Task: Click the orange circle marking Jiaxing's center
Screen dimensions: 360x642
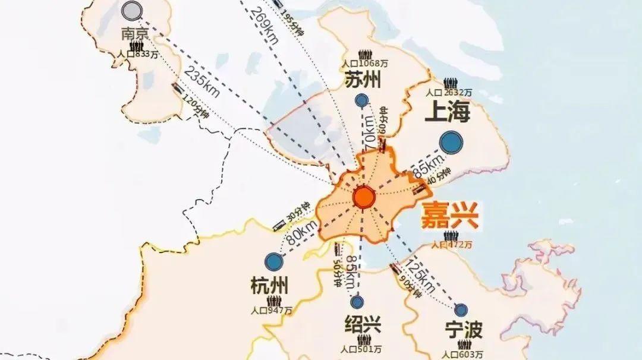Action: (x=363, y=197)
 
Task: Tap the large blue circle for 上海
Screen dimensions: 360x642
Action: (x=452, y=143)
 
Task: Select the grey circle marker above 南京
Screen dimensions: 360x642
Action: (x=131, y=10)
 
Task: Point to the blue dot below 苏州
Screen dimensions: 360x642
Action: (x=361, y=101)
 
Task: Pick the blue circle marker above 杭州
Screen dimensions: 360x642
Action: (x=273, y=261)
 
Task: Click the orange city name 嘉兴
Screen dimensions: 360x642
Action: (x=450, y=217)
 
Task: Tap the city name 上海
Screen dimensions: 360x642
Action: (x=447, y=112)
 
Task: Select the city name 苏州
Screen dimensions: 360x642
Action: (x=362, y=80)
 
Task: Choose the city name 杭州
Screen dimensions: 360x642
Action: (x=269, y=288)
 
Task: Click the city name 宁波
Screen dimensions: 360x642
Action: (x=464, y=330)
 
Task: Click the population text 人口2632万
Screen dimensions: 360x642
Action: (x=449, y=93)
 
